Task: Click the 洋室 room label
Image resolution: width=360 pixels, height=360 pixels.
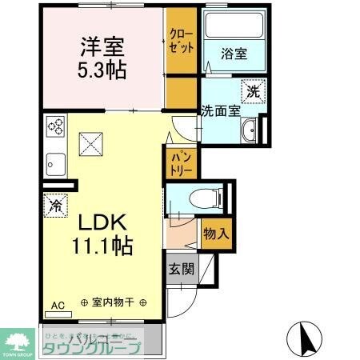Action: coord(102,46)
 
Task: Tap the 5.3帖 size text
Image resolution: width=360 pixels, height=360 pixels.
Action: coord(102,69)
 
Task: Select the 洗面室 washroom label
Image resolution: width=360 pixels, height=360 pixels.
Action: coord(220,111)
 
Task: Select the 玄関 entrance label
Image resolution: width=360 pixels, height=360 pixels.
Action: coord(181,269)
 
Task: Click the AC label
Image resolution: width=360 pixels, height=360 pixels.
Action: coord(58,305)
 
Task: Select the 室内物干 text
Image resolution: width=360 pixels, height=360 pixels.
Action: coord(114,303)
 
